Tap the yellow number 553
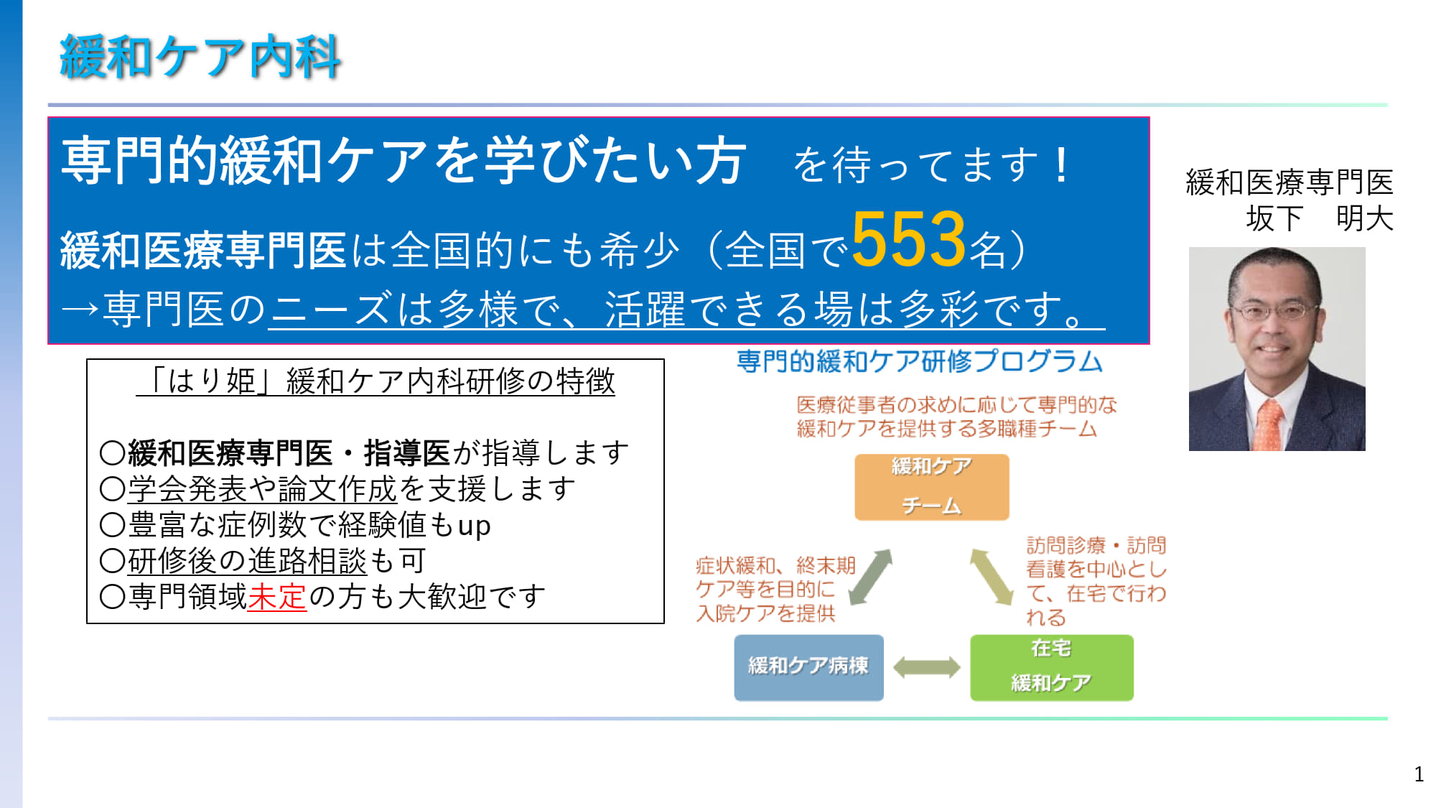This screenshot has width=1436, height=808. (908, 239)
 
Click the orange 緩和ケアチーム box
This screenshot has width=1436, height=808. (931, 486)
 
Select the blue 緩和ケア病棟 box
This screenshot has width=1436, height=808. (808, 667)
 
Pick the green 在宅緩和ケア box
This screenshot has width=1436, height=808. (1051, 667)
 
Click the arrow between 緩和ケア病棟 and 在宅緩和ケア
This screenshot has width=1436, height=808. (926, 667)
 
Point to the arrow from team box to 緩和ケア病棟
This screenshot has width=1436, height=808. (870, 577)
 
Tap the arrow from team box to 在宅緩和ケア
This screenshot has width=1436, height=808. (992, 577)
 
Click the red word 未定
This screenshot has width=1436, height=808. (277, 596)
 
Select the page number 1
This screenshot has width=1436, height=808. (1419, 774)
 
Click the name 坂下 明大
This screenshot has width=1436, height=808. (1320, 218)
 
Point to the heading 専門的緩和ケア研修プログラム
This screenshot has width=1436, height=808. (920, 361)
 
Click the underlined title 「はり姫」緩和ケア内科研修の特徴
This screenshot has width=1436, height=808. (376, 381)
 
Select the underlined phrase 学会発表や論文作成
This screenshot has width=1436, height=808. (262, 489)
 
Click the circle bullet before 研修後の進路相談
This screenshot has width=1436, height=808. (113, 560)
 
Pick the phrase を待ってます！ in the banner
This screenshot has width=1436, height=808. (933, 164)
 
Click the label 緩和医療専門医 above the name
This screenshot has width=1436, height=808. (1290, 182)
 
